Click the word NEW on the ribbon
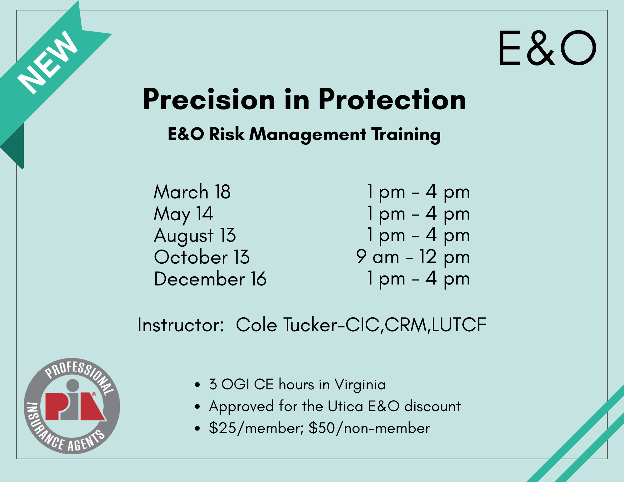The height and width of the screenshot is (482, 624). [x=47, y=62]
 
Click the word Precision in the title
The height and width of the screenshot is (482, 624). [x=209, y=100]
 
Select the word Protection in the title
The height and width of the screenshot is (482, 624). [x=392, y=100]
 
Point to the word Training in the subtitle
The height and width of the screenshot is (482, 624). [x=406, y=134]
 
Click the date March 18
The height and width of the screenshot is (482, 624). [x=192, y=192]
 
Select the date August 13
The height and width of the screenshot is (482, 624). [x=195, y=236]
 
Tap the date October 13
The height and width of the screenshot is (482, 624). [x=202, y=257]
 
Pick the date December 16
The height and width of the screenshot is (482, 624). [x=210, y=279]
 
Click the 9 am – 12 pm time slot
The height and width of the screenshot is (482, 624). [x=413, y=257]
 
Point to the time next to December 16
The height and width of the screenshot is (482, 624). [x=418, y=279]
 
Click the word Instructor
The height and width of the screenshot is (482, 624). [x=181, y=325]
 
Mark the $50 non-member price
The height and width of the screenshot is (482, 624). [x=369, y=428]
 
